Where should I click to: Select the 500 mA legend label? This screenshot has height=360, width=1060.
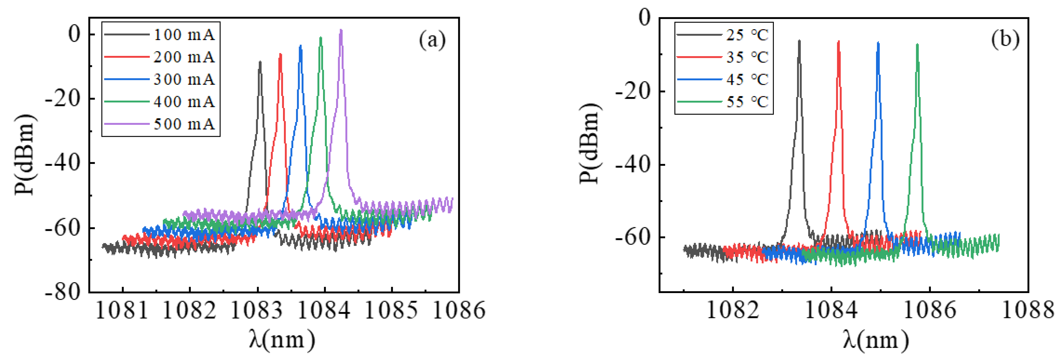click(x=184, y=124)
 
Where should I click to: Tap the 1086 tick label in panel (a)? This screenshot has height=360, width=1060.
click(x=459, y=310)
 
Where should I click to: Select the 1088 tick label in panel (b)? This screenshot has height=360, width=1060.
click(x=1027, y=310)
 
